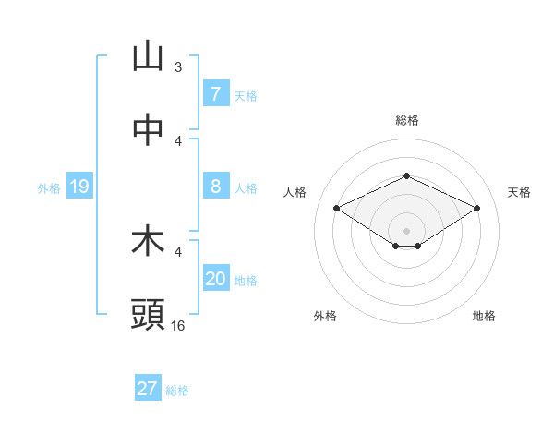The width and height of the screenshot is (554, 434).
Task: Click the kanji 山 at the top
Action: [148, 56]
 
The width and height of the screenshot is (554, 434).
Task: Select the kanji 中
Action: [148, 130]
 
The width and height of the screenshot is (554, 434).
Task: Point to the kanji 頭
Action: [148, 315]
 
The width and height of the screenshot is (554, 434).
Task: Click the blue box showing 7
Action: [215, 93]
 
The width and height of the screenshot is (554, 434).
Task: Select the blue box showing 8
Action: [215, 187]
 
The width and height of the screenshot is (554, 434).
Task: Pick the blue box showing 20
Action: [215, 279]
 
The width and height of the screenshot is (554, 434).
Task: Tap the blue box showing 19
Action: [78, 187]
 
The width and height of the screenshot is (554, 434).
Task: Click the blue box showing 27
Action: [147, 389]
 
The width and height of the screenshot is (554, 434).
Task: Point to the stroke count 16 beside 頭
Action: [178, 325]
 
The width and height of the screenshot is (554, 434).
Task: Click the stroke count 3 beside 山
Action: [178, 66]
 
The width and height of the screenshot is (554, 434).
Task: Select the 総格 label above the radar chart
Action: [406, 120]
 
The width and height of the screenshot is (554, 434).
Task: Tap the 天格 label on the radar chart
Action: [519, 192]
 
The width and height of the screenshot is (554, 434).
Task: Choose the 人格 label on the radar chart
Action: [295, 192]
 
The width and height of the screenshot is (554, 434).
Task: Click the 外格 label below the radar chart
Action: [325, 316]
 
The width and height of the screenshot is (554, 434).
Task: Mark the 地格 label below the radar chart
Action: [484, 316]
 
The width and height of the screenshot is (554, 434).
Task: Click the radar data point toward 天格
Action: [476, 209]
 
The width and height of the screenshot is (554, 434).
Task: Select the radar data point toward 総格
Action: [406, 175]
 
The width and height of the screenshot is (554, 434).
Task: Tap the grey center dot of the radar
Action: [406, 230]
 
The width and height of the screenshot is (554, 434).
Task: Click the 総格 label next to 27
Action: [177, 391]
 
